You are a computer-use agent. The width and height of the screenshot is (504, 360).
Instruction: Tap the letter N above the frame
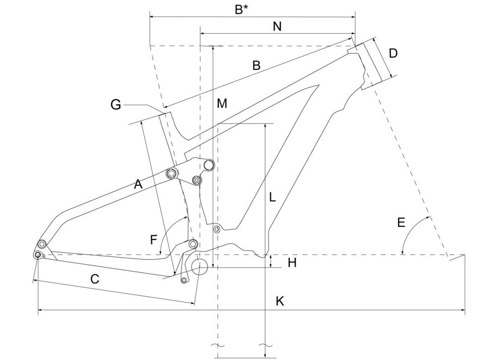[x=277, y=26]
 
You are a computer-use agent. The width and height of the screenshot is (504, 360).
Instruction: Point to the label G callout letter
[x=116, y=105]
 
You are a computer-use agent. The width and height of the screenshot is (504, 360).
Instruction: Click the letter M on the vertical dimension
[x=222, y=103]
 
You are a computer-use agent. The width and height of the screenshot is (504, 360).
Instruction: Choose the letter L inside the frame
[x=273, y=197]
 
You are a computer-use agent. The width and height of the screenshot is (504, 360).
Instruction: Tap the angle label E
[x=401, y=222]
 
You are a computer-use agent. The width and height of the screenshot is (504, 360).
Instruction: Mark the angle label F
[x=154, y=240]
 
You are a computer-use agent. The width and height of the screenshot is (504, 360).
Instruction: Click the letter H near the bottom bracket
[x=292, y=263]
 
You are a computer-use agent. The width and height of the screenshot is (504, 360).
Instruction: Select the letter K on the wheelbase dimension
[x=280, y=302]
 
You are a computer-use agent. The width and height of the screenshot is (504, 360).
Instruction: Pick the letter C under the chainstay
[x=95, y=279]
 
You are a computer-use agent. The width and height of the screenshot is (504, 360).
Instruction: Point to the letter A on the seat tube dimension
[x=138, y=185]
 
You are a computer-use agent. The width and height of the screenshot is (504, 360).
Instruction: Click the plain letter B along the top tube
[x=256, y=65]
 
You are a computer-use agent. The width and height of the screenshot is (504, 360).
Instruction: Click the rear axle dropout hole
[x=38, y=255]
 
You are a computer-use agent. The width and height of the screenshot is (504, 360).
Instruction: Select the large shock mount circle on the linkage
[x=209, y=165]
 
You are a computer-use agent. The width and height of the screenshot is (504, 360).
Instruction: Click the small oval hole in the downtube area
[x=217, y=229]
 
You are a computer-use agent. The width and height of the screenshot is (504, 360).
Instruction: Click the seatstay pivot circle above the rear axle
[x=41, y=244]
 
